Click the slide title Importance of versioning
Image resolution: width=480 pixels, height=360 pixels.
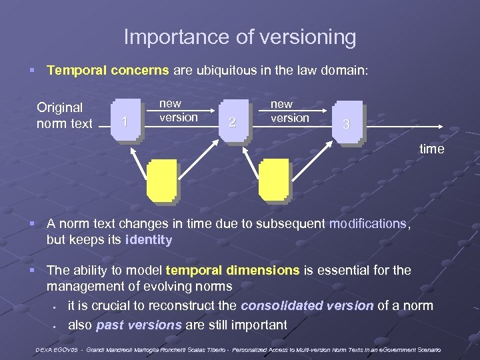click(x=240, y=37)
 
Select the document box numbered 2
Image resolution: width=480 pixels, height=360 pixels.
click(x=233, y=121)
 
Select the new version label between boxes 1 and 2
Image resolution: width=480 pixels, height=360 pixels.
click(x=178, y=111)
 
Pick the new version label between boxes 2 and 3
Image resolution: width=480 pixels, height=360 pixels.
click(x=289, y=111)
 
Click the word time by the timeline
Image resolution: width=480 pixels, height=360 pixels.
click(x=431, y=149)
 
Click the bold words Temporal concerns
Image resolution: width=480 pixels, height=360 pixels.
click(x=108, y=69)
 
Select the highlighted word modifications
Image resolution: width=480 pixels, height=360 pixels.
click(x=367, y=224)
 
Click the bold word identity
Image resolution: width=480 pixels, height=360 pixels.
click(x=148, y=240)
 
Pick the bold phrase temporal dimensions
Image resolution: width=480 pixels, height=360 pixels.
click(x=233, y=270)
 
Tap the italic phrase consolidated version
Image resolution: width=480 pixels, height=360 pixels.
click(x=307, y=306)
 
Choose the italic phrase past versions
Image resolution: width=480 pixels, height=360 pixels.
click(x=139, y=325)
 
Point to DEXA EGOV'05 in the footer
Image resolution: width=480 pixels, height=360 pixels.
click(x=61, y=350)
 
